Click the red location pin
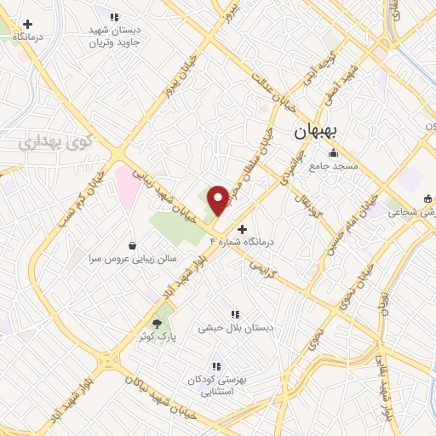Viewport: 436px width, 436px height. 218,200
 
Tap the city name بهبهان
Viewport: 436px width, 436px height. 316,132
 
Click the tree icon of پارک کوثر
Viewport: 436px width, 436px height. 156,323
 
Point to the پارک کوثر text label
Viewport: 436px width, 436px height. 158,336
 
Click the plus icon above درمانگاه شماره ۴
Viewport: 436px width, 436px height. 243,229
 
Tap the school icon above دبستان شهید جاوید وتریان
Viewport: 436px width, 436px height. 114,17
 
